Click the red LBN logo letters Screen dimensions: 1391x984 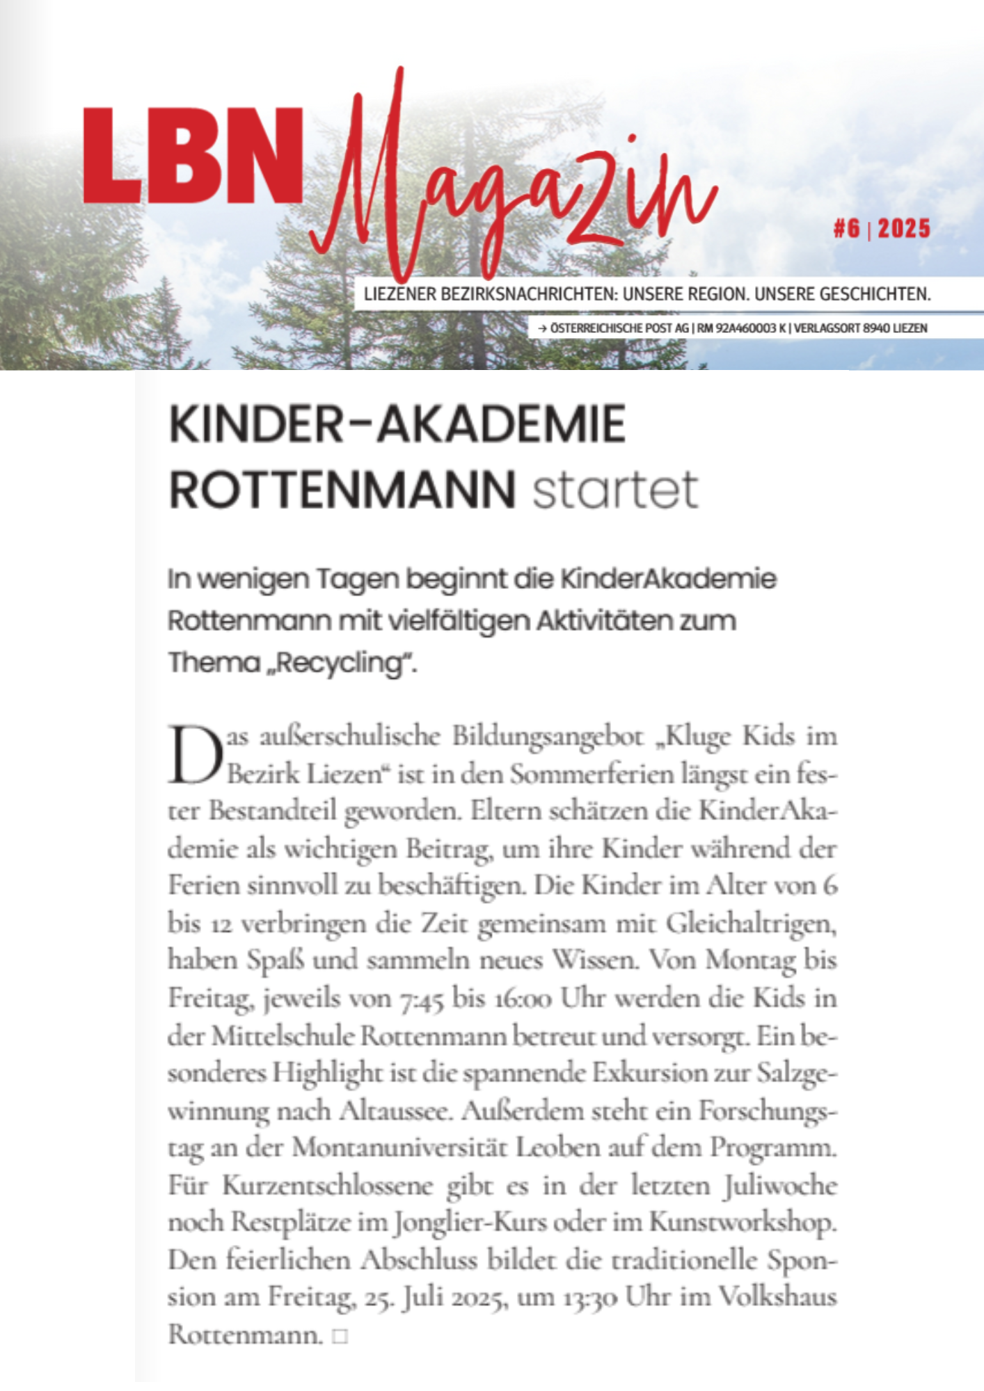point(193,155)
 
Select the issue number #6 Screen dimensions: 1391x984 point(847,228)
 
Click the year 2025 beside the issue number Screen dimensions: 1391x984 point(904,228)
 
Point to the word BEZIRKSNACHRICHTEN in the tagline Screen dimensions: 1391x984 point(526,294)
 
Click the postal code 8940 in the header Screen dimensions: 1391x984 point(876,328)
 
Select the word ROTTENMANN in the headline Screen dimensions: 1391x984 point(342,490)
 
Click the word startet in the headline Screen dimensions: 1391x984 point(614,490)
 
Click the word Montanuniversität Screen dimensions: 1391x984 point(399,1148)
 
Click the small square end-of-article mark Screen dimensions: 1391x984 point(340,1336)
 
